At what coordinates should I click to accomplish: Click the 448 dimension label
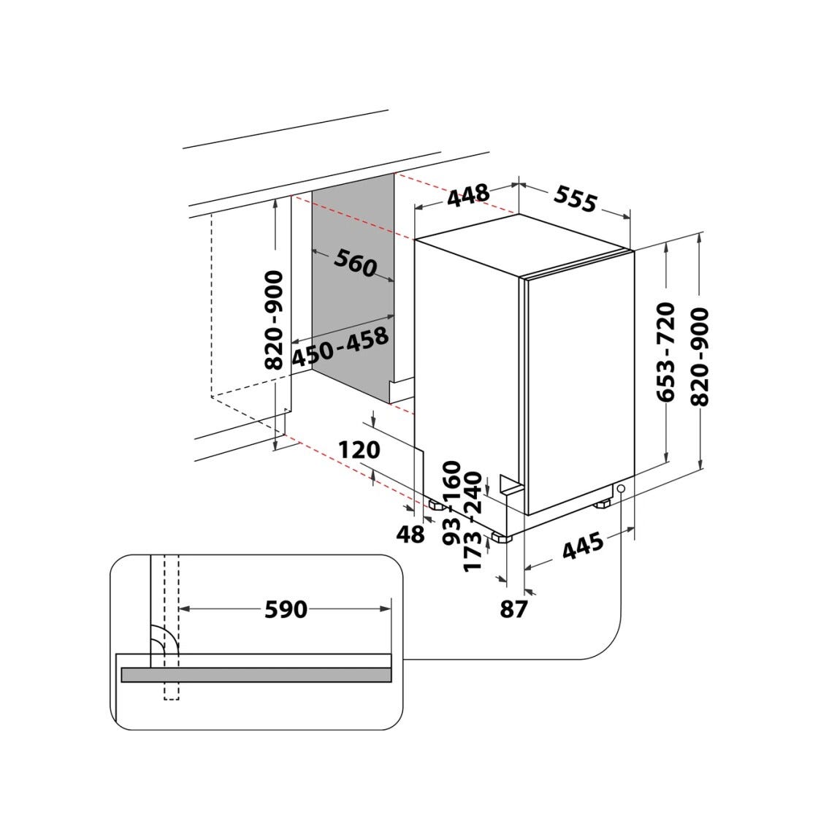(x=468, y=195)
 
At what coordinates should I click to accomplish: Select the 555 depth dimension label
(x=575, y=198)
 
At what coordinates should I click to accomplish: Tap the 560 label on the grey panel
(x=355, y=264)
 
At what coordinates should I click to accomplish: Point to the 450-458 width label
(x=340, y=347)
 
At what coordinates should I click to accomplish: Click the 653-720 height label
(x=666, y=351)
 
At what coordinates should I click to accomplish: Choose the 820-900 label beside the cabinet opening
(x=275, y=321)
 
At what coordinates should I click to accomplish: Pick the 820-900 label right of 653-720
(x=700, y=356)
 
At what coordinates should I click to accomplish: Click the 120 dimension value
(x=359, y=450)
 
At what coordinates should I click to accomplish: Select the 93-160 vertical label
(x=452, y=503)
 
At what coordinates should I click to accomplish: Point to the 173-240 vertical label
(x=473, y=522)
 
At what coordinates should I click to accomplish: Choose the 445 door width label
(x=584, y=546)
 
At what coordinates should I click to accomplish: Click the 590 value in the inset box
(x=286, y=609)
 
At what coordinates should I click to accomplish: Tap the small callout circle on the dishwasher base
(x=621, y=489)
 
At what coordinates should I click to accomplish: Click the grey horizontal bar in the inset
(x=256, y=675)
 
